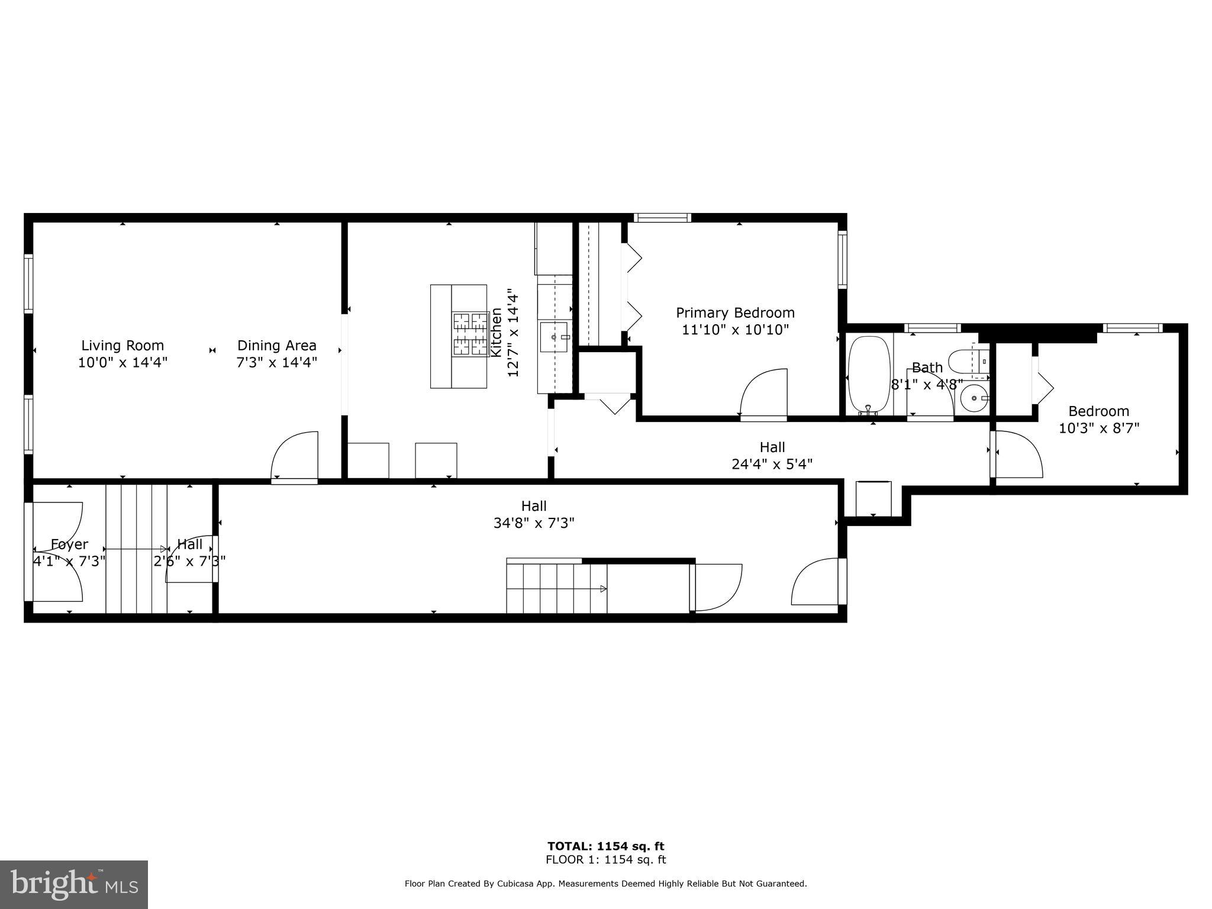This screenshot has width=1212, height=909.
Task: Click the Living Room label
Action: (x=123, y=345)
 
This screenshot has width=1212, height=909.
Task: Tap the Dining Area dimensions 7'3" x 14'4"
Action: (x=277, y=362)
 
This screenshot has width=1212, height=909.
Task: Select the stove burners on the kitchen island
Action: (x=470, y=334)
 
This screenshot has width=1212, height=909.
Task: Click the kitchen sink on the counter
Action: (x=555, y=337)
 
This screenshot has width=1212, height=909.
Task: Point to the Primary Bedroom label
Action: (x=735, y=312)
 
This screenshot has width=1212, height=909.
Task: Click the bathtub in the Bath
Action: (x=869, y=374)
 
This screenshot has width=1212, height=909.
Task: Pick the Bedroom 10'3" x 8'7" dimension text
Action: (x=1098, y=428)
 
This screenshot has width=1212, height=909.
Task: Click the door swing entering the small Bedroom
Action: (x=1018, y=454)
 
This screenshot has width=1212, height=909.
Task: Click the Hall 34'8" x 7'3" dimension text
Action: (x=534, y=523)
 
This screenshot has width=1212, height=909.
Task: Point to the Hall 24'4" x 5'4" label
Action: (x=772, y=447)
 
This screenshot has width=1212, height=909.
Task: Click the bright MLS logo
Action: (x=74, y=884)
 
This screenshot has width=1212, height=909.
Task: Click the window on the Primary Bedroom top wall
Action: (x=662, y=218)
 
